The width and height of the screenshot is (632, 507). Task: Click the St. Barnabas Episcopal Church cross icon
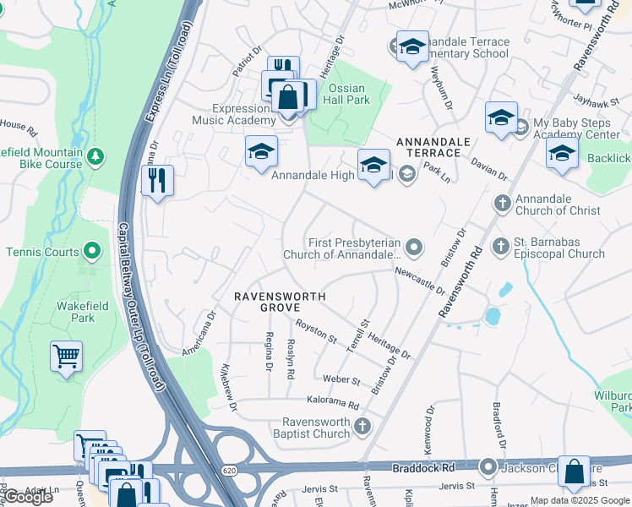pos(501,246)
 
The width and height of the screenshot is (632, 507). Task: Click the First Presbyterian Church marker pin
pos(413,248)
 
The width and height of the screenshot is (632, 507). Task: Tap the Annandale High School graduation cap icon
pos(373,165)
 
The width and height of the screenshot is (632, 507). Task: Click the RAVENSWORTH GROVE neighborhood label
pos(280,303)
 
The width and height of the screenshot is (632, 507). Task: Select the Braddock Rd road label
pos(423,467)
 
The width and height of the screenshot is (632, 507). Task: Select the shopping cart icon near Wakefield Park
pos(66,357)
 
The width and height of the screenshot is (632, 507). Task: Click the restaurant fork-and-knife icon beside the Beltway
pos(156,182)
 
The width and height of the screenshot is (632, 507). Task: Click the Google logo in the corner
pos(28,497)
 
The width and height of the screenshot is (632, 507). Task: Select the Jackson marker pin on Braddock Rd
pos(488,466)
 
